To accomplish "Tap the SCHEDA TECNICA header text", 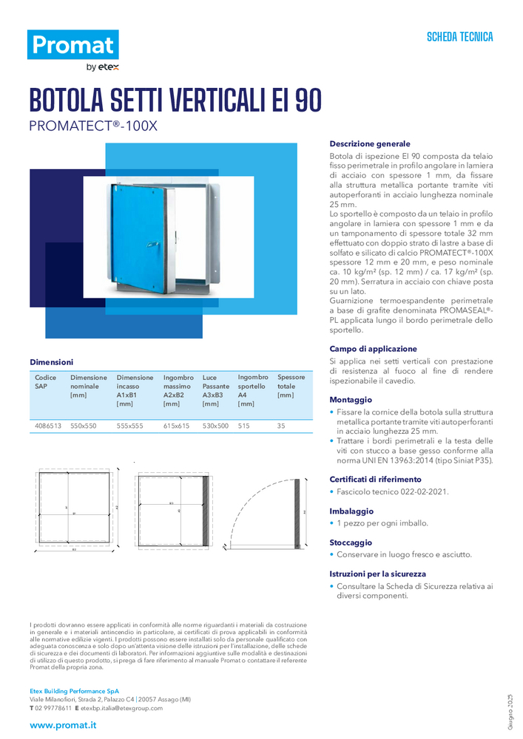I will coord(459,37).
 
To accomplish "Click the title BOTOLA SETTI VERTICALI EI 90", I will coord(175,101).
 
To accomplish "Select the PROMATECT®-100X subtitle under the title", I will coord(93,126).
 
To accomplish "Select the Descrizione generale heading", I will coord(369,143).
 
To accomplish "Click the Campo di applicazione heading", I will coord(373,348).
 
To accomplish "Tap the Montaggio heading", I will coord(351,399).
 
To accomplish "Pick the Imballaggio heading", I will coord(351,511).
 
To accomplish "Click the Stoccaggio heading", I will coord(351,542).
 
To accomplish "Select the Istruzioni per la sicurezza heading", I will coord(377,573).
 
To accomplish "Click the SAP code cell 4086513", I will coord(48,426).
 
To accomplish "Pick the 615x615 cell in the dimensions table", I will coord(176,426).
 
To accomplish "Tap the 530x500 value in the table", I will coord(215,426).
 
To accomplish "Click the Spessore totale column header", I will coord(291,386).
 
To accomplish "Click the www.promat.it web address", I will coord(63,725).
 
